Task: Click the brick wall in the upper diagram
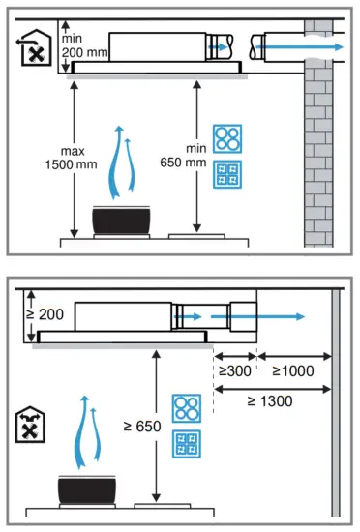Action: click(318, 145)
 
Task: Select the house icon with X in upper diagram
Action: click(33, 48)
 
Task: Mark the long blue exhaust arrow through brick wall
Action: click(301, 44)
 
